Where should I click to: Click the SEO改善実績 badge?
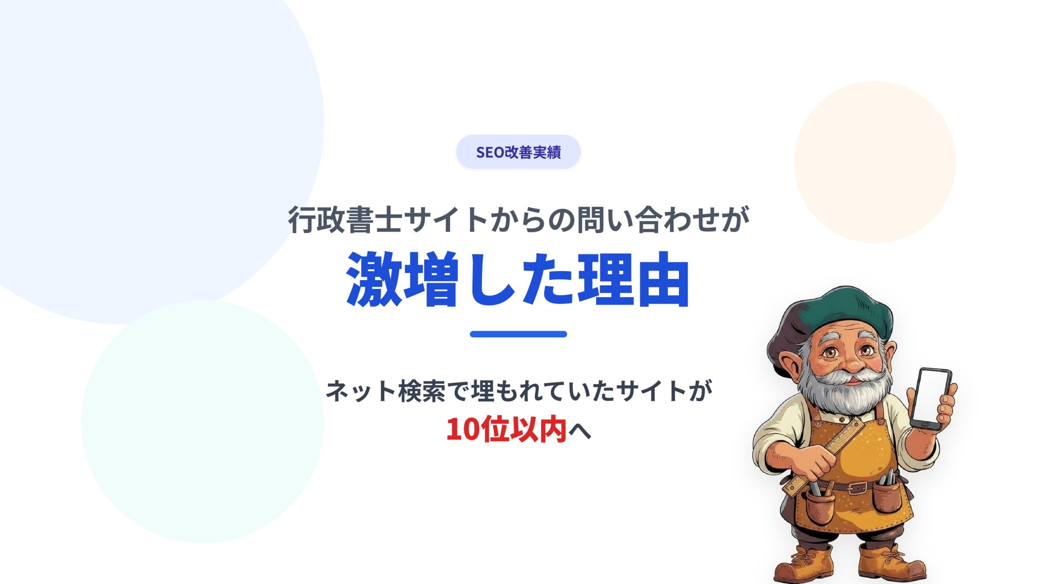tap(518, 152)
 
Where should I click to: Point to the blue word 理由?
tap(633, 279)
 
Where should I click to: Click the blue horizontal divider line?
tap(518, 334)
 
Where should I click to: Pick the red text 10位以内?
tap(506, 429)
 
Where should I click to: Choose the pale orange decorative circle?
tap(875, 162)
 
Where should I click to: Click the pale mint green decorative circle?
tap(202, 421)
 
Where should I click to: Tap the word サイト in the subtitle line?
tap(652, 391)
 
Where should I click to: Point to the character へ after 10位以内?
tap(580, 431)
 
